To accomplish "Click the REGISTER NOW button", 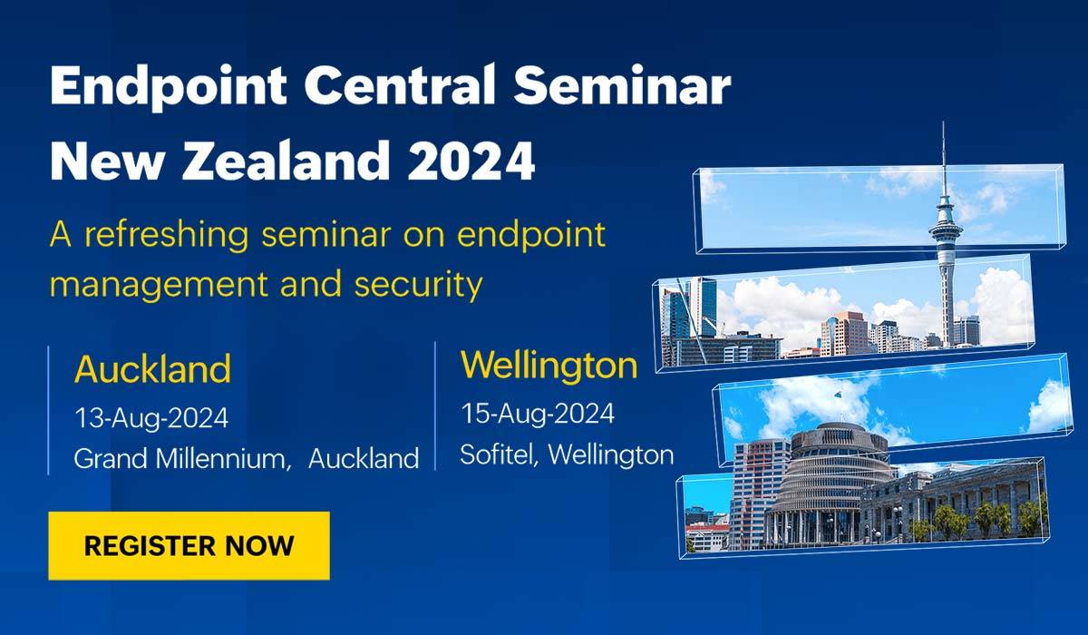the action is click(x=189, y=545).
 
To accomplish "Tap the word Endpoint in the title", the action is click(x=168, y=87).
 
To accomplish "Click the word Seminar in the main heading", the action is click(x=622, y=85).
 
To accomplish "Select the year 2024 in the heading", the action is click(x=471, y=161).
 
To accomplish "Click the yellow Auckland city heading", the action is click(x=152, y=369).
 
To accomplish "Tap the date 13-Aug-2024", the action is click(x=151, y=418).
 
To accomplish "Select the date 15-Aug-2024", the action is click(x=537, y=414).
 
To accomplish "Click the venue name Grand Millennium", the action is click(x=182, y=458).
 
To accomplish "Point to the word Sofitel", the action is click(x=500, y=454).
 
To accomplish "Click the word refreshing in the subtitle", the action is click(x=167, y=235).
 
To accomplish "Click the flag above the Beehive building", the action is click(x=838, y=393).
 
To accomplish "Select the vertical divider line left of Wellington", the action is click(x=434, y=405).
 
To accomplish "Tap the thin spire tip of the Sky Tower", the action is click(x=943, y=122).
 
